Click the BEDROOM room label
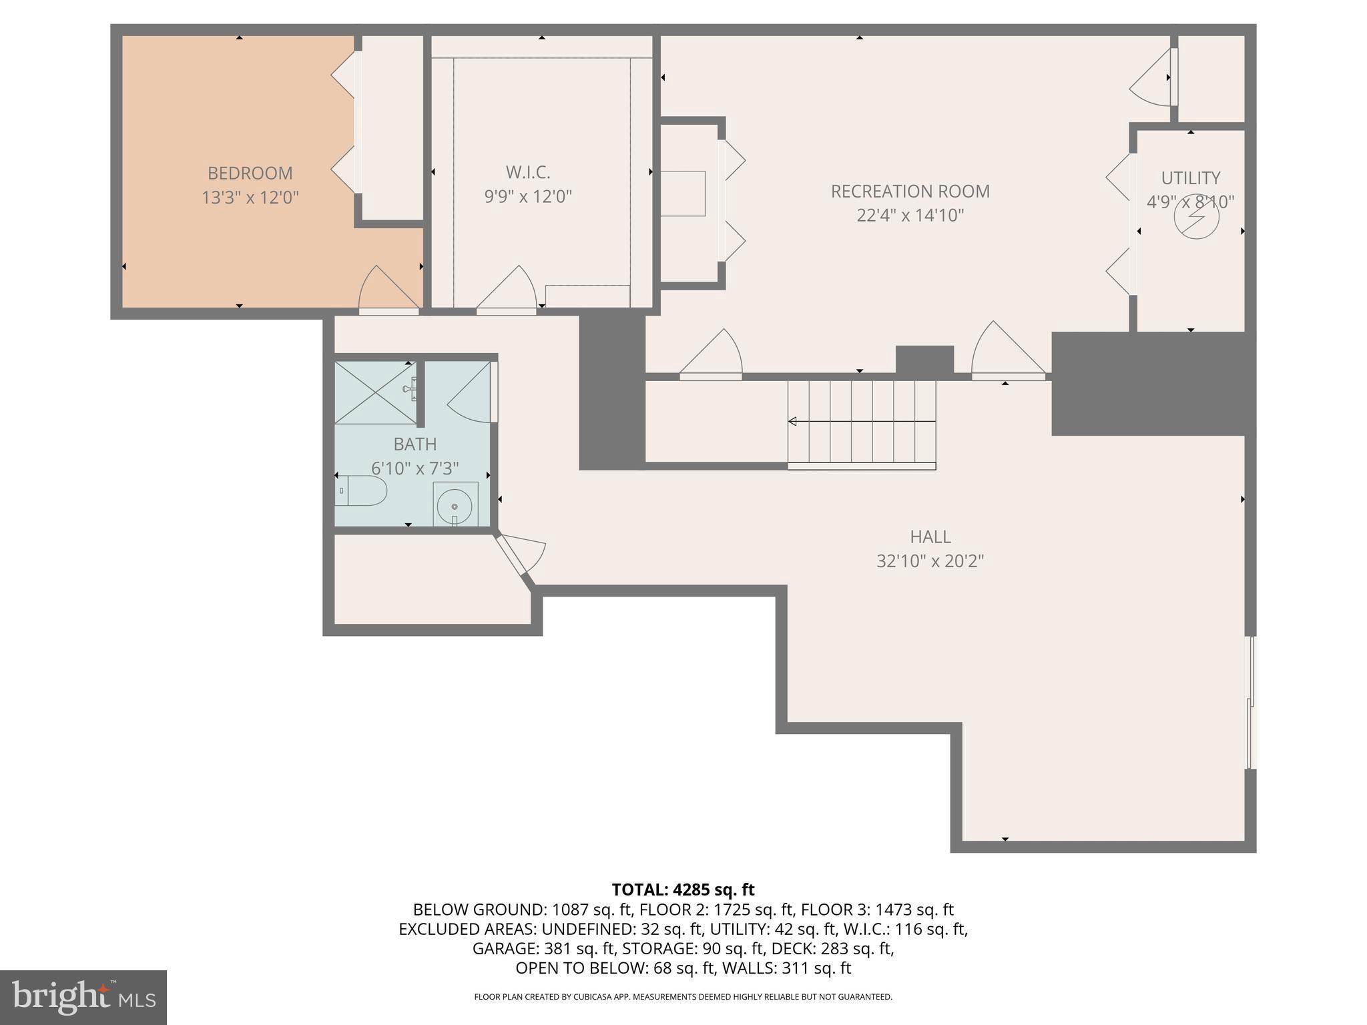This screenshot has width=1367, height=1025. tap(250, 173)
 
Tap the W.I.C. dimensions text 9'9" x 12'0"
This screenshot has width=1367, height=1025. tap(527, 197)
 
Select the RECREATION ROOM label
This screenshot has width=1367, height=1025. tap(910, 192)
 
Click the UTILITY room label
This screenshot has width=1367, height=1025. tap(1190, 178)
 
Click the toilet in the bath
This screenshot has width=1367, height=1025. tap(360, 491)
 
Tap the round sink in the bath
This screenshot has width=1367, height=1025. tap(455, 504)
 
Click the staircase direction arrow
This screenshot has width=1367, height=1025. tap(793, 421)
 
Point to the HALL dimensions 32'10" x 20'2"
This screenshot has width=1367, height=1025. tap(930, 561)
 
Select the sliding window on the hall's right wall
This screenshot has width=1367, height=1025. tap(1251, 702)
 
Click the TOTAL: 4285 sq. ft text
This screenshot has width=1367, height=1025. tap(683, 890)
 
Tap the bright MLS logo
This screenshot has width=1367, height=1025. tap(83, 997)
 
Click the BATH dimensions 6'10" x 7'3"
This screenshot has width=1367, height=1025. tap(415, 468)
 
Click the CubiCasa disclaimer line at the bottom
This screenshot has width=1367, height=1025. tap(683, 997)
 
